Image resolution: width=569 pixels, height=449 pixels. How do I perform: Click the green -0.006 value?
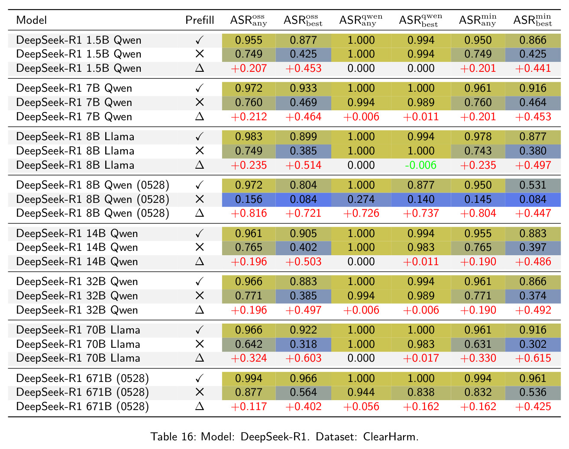point(420,165)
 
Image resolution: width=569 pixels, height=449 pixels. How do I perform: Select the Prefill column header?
point(200,20)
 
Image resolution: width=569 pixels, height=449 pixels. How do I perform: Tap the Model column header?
point(32,20)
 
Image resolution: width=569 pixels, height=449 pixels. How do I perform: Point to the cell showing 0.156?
point(249,199)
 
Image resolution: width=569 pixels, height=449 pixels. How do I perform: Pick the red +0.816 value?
point(249,213)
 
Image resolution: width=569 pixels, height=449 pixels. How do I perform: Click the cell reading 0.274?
point(361,199)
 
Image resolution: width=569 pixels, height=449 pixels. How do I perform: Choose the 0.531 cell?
point(533,185)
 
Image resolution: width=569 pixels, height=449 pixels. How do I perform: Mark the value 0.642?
point(249,344)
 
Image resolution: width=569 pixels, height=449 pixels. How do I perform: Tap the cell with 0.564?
point(303,392)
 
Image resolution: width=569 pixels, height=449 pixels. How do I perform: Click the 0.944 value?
point(361,392)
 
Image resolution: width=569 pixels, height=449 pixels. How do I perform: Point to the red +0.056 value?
point(361,407)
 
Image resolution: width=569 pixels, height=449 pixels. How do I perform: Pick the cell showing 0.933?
point(303,88)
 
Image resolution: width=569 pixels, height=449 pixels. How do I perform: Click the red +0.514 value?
point(303,165)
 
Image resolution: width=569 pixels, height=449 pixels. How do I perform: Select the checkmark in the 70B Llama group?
point(200,330)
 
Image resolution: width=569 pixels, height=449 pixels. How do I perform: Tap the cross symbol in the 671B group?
point(200,392)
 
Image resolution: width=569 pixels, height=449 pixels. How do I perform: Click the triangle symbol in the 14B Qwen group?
point(200,261)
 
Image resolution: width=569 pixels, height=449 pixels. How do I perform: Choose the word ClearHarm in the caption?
point(391,437)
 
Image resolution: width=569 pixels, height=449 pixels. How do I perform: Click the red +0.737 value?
point(420,213)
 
